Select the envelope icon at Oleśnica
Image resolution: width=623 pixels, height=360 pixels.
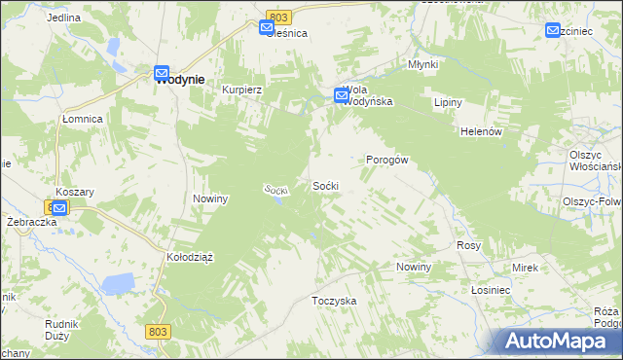(268, 29)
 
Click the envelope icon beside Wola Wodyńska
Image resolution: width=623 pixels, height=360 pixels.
(341, 95)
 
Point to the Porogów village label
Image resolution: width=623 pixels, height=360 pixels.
(385, 160)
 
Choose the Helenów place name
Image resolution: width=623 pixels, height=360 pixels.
(480, 131)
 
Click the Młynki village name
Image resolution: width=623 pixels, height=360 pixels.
(422, 65)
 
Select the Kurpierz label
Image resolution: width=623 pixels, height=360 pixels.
(242, 89)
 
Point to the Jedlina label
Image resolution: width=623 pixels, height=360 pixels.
(63, 18)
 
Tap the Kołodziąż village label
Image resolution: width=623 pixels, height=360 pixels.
(190, 257)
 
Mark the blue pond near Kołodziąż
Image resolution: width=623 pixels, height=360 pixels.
(118, 284)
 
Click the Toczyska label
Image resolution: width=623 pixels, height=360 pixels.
(334, 301)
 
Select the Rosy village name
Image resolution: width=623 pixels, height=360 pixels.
(469, 246)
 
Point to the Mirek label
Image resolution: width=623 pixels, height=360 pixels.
(526, 267)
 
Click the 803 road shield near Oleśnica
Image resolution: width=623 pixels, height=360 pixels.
(278, 18)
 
